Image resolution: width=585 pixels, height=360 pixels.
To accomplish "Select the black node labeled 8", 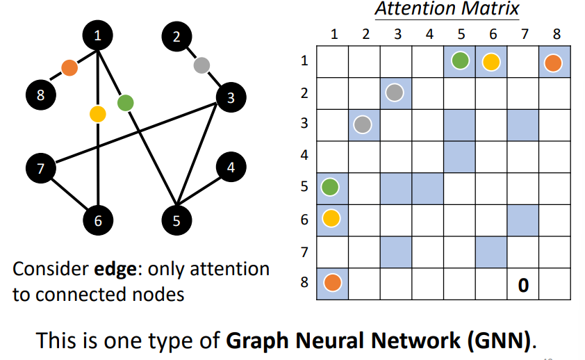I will click(x=40, y=95).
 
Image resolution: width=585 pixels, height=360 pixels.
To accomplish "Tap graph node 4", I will click(x=231, y=167).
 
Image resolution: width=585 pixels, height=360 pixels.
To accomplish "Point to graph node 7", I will click(x=40, y=168).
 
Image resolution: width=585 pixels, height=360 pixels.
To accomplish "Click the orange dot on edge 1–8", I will click(x=69, y=67).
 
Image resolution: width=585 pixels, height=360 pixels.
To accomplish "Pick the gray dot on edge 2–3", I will click(x=201, y=66).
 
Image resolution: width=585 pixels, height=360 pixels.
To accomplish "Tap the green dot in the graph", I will click(x=125, y=104).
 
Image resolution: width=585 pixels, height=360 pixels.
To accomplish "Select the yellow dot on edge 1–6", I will click(x=98, y=113).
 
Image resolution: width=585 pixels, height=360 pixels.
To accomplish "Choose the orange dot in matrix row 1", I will click(x=553, y=63).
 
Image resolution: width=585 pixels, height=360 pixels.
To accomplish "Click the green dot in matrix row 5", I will click(x=331, y=188).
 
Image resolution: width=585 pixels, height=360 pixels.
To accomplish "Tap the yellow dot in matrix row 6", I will click(x=331, y=219).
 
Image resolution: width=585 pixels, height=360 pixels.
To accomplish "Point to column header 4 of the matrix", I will click(x=429, y=34).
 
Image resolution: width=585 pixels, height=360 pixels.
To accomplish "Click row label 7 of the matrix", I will click(x=304, y=252).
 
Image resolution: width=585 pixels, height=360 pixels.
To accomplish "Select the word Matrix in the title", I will click(x=495, y=10).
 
